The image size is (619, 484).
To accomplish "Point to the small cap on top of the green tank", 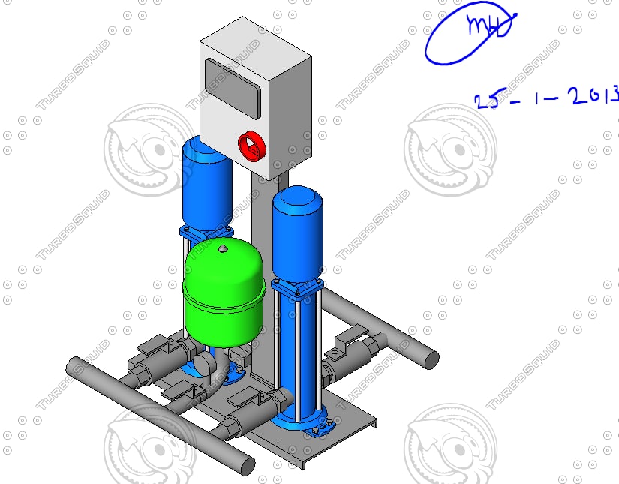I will pos(222,246).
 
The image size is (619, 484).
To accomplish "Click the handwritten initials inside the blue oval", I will pos(488,26).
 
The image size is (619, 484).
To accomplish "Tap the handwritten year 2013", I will pos(593,96).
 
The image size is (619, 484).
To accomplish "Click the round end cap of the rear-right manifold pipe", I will pos(429,357).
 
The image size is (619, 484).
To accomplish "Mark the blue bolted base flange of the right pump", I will pos(300,422).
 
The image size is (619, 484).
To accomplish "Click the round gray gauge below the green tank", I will pos(203,365).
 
